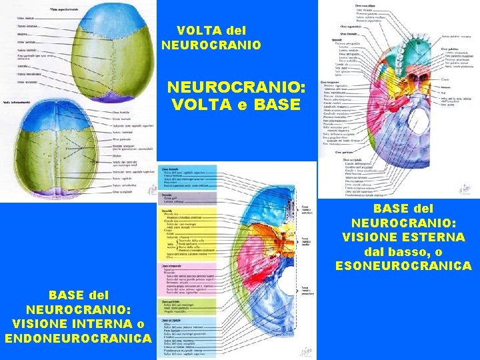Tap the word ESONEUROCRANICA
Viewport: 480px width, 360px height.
[x=403, y=266]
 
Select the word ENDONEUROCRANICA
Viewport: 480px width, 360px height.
[x=77, y=338]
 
